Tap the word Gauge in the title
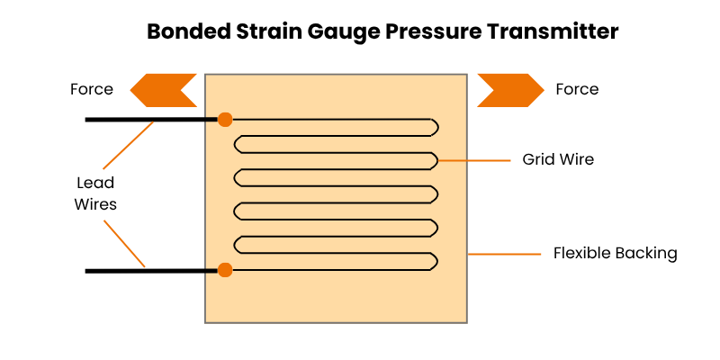point(341,31)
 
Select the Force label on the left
point(92,89)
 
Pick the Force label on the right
point(577,89)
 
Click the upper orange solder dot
point(225,119)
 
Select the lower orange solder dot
point(225,269)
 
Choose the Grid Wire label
point(558,160)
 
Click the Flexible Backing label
point(615,254)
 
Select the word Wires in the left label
point(95,204)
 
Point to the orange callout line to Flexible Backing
point(504,254)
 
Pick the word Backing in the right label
point(645,254)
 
